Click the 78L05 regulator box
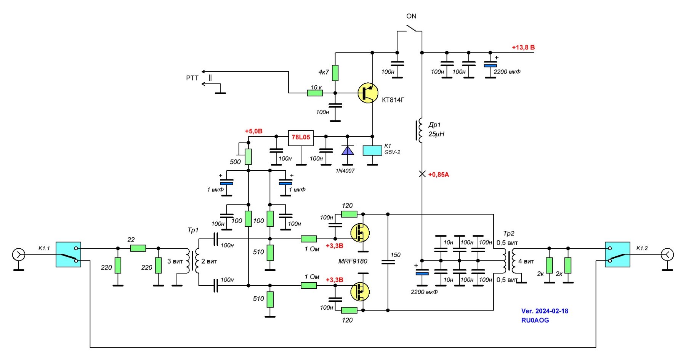pyautogui.click(x=301, y=137)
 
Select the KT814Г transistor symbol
pyautogui.click(x=368, y=93)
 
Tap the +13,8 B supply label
pyautogui.click(x=523, y=48)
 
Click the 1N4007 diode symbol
pyautogui.click(x=348, y=150)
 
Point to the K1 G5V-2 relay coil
pyautogui.click(x=372, y=150)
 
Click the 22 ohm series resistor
pyautogui.click(x=138, y=248)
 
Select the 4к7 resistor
pyautogui.click(x=335, y=73)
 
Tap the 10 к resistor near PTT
pyautogui.click(x=315, y=93)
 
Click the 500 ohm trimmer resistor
pyautogui.click(x=248, y=157)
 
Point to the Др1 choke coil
pyautogui.click(x=420, y=131)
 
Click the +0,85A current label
pyautogui.click(x=438, y=175)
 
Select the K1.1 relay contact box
pyautogui.click(x=68, y=254)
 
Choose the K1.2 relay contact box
pyautogui.click(x=617, y=254)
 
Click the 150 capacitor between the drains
pyautogui.click(x=388, y=262)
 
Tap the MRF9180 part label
pyautogui.click(x=353, y=261)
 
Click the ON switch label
pyautogui.click(x=411, y=16)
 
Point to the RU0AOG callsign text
pyautogui.click(x=535, y=320)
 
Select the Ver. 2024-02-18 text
pyautogui.click(x=545, y=311)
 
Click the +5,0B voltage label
pyautogui.click(x=253, y=131)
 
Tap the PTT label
pyautogui.click(x=192, y=78)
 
